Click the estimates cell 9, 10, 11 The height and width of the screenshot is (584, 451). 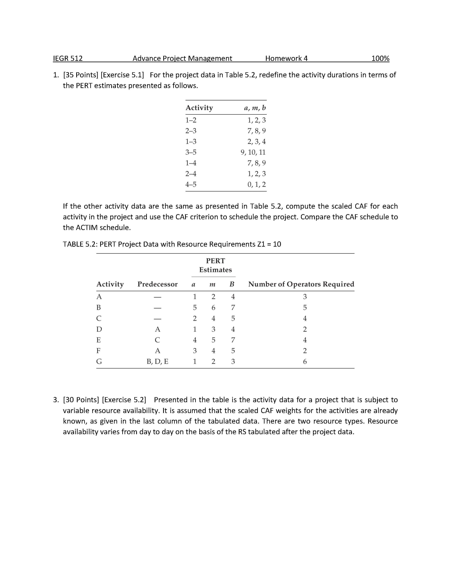pyautogui.click(x=253, y=152)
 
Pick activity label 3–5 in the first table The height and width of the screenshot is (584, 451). pyautogui.click(x=191, y=152)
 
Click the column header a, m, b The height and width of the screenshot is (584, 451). pyautogui.click(x=255, y=108)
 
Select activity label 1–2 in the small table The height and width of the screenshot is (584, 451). pyautogui.click(x=191, y=120)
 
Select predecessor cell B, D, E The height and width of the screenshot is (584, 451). pyautogui.click(x=157, y=361)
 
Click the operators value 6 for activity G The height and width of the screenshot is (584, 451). pyautogui.click(x=305, y=361)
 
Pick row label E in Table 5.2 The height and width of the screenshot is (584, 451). pyautogui.click(x=99, y=340)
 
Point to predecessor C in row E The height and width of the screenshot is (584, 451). pyautogui.click(x=157, y=340)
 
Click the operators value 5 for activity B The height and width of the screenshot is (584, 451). pyautogui.click(x=305, y=307)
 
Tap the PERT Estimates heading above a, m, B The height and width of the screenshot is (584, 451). pyautogui.click(x=215, y=265)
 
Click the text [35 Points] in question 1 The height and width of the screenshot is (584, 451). pyautogui.click(x=81, y=75)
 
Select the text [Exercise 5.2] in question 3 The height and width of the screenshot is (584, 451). pyautogui.click(x=124, y=400)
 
